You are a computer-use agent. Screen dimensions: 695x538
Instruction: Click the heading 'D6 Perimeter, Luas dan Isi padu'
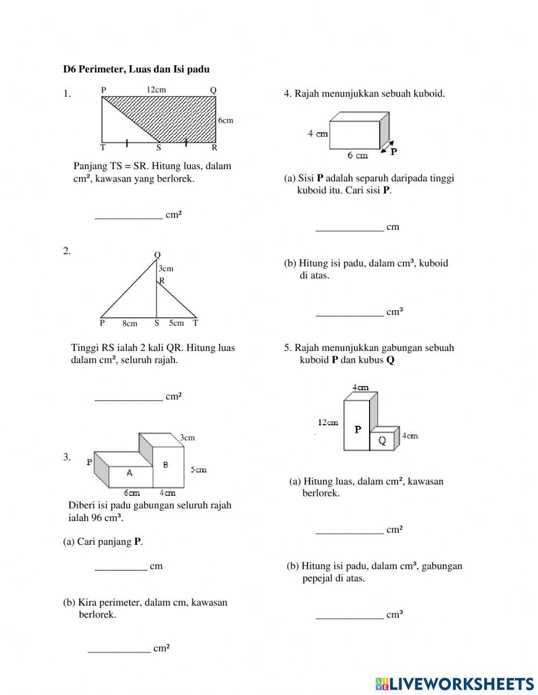(x=136, y=69)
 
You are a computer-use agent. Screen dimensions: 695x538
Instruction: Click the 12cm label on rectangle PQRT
(x=156, y=90)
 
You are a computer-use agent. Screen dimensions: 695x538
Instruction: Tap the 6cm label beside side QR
(x=225, y=120)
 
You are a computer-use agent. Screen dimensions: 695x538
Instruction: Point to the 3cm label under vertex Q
(x=166, y=268)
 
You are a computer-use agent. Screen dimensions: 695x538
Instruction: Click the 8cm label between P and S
(x=130, y=324)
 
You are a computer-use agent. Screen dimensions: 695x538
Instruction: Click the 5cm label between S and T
(x=176, y=323)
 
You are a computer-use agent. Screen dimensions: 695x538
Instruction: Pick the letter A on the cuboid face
(x=129, y=473)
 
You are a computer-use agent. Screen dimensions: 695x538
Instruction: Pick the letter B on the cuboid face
(x=165, y=465)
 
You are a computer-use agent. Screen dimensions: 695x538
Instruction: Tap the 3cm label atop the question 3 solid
(x=187, y=438)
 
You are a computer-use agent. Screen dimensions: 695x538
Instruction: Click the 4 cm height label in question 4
(x=317, y=134)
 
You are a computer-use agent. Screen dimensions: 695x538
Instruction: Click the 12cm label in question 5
(x=328, y=422)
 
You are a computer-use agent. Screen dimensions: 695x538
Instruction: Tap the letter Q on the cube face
(x=382, y=441)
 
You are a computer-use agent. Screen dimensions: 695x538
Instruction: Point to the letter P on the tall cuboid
(x=357, y=429)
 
